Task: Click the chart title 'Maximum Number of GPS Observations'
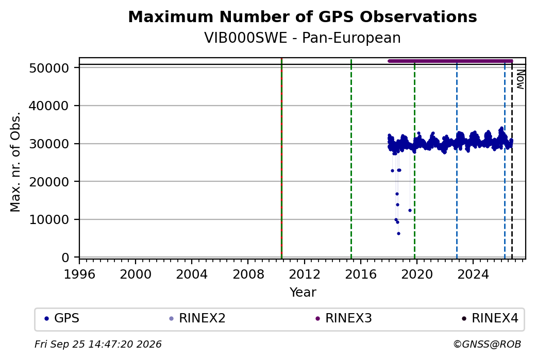coord(303,16)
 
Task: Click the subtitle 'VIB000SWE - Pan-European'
coord(303,38)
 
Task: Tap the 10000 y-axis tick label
coord(49,219)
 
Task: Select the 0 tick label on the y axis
coord(65,258)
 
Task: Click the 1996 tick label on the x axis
coord(79,275)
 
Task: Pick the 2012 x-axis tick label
coord(304,275)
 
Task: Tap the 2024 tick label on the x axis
coord(473,275)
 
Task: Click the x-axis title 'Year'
coord(303,293)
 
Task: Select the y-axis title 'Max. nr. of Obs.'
coord(15,162)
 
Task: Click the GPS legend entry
coord(62,318)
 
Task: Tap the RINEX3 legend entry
coord(344,318)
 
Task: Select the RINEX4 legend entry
coord(490,318)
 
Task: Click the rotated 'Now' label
coord(520,79)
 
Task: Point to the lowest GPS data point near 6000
coord(398,234)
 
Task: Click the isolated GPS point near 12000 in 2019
coord(410,211)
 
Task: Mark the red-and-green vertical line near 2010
coord(281,158)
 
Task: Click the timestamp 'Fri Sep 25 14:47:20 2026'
coord(98,344)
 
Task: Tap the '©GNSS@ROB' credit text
coord(487,344)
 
